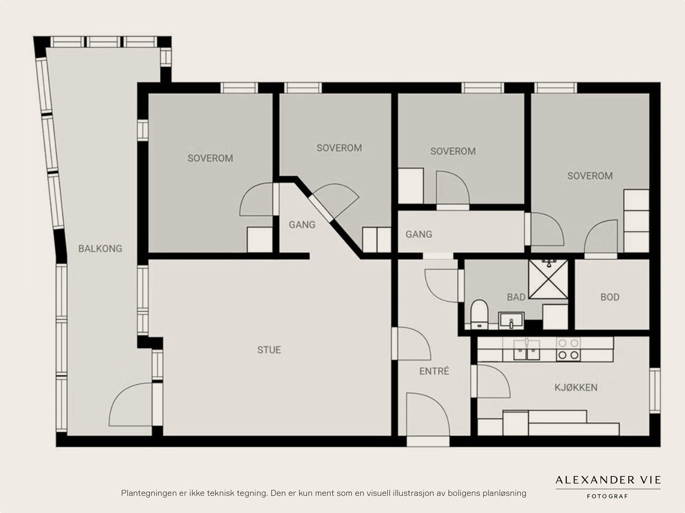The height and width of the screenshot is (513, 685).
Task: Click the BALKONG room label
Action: coord(100,249)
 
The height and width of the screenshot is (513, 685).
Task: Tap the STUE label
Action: coord(269,350)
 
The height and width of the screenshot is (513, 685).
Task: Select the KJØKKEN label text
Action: coord(576,388)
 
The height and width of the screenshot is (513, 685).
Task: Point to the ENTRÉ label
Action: coord(434,371)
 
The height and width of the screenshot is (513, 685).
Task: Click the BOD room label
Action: coord(610,297)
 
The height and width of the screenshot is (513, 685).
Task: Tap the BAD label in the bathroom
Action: coord(516,297)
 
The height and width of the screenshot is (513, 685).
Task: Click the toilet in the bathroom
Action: coord(479,314)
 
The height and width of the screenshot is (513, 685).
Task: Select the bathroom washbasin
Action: coord(511,320)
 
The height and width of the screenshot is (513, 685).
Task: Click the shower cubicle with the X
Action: coord(548,279)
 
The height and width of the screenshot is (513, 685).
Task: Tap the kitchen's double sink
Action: coord(527,349)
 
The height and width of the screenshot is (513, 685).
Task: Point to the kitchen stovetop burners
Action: coord(568,349)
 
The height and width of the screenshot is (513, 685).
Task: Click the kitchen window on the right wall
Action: coord(655,391)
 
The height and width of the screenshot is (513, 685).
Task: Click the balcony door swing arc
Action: coord(131,404)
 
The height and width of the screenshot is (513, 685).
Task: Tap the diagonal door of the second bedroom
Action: coord(334,202)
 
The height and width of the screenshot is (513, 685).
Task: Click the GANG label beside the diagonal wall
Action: coord(302,225)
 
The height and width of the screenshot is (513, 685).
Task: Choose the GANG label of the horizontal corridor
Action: coord(419,234)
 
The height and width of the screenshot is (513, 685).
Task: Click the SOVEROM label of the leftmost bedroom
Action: coord(210,158)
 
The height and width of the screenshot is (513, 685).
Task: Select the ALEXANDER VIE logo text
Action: coord(608,480)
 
